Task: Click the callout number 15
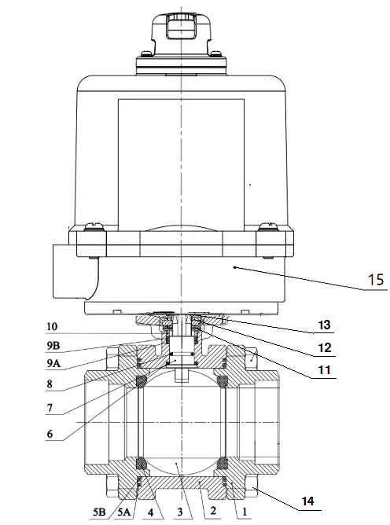coord(376,279)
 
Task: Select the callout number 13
coord(324,325)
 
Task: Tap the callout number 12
coord(324,348)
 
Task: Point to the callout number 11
coord(324,370)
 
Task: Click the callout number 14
coord(308,501)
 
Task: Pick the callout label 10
coord(52,326)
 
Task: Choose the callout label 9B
coord(53,346)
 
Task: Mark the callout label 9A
coord(53,363)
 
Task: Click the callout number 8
coord(50,384)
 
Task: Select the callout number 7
coord(50,408)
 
